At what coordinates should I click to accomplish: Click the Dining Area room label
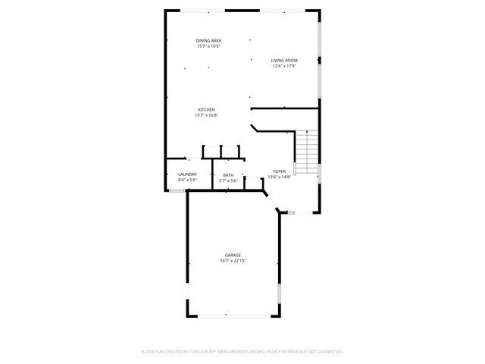tap(208, 41)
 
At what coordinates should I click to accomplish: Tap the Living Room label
tap(284, 61)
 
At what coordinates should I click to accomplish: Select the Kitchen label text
tap(207, 110)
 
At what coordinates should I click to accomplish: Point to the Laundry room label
tap(187, 174)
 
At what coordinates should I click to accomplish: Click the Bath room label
tap(228, 175)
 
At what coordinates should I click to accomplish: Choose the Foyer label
tap(279, 172)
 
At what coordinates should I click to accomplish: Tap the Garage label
tap(233, 255)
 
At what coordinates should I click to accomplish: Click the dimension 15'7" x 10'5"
tap(208, 47)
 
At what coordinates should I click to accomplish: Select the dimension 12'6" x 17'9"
tap(284, 66)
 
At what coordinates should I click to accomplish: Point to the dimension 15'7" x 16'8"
tap(207, 115)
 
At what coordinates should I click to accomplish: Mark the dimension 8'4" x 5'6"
tap(187, 180)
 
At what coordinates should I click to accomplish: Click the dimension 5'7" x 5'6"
tap(228, 180)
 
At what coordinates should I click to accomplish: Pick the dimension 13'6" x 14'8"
tap(279, 177)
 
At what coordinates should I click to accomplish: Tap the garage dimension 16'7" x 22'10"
tap(233, 261)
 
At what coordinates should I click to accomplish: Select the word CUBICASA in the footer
tap(200, 352)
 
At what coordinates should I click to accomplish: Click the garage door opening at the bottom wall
tap(233, 316)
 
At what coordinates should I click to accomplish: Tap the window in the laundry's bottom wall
tap(177, 191)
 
